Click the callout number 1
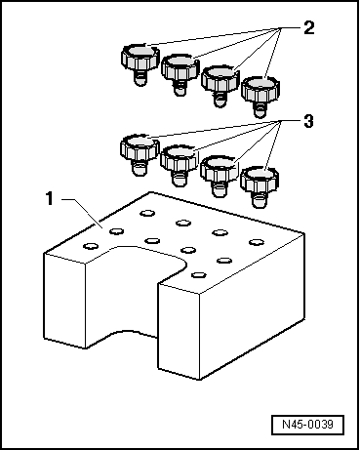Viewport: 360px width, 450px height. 50,198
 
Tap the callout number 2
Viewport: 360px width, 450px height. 309,27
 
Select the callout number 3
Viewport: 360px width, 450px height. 308,121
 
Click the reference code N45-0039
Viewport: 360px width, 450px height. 307,425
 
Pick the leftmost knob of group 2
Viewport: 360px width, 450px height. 140,64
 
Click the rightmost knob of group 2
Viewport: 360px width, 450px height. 260,97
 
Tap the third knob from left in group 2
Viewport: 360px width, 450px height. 220,86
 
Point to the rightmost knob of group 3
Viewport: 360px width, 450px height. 260,187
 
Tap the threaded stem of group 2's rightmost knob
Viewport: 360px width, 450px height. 260,108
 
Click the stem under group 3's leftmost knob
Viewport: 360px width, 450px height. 140,168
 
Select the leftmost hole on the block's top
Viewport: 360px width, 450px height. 91,246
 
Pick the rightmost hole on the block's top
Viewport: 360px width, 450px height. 257,242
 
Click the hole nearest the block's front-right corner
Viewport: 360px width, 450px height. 198,275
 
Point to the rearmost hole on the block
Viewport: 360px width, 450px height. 147,213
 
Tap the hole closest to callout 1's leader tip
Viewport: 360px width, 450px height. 116,231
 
